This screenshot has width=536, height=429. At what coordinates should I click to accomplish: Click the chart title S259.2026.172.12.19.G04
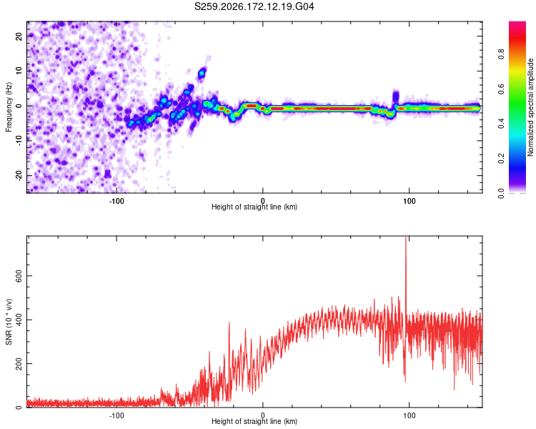click(254, 6)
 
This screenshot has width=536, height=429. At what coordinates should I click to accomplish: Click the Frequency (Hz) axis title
click(9, 107)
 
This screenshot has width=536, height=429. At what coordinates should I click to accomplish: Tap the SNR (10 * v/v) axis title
click(9, 322)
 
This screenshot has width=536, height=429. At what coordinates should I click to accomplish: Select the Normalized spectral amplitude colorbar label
click(530, 107)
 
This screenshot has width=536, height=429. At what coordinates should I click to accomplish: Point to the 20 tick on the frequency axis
click(19, 36)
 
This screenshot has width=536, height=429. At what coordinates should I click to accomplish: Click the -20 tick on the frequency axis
click(19, 176)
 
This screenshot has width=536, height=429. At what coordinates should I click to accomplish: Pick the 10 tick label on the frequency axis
click(19, 71)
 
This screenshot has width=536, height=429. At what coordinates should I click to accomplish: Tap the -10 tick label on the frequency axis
click(19, 141)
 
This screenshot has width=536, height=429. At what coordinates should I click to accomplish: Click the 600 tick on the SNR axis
click(19, 276)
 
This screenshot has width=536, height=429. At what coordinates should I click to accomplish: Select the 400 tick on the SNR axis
click(19, 320)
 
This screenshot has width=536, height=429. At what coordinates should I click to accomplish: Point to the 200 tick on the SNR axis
click(19, 363)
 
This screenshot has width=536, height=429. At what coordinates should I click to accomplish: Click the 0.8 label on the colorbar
click(501, 54)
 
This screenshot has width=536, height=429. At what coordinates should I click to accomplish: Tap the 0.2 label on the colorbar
click(501, 158)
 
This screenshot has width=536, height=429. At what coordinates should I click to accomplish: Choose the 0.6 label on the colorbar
click(501, 89)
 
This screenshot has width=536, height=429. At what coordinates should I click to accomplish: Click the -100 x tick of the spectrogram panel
click(116, 201)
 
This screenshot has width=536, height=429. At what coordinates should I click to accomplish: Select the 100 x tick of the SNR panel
click(410, 415)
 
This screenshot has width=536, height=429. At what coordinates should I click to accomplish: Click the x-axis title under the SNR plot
click(254, 421)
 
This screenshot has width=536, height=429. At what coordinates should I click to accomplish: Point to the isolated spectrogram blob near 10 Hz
click(202, 72)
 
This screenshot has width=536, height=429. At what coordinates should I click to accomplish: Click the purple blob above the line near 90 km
click(395, 96)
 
